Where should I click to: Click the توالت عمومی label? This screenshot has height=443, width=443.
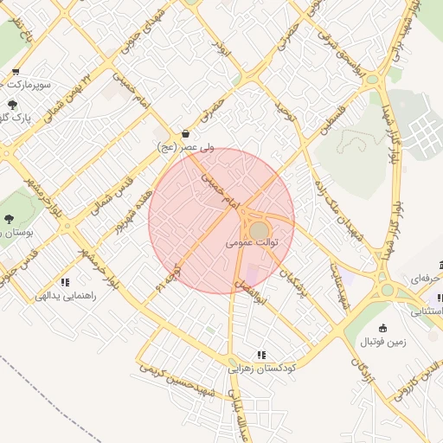[x=253, y=244]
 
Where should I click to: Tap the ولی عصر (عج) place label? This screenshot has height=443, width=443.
[x=185, y=148]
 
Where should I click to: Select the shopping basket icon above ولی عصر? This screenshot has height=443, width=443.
[x=186, y=134]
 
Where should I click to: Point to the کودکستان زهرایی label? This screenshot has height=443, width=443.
[x=262, y=368]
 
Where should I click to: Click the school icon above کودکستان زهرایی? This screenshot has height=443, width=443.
[x=260, y=354]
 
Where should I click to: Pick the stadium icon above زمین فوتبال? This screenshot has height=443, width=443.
[x=383, y=329]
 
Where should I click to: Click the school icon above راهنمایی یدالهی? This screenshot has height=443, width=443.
[x=65, y=282]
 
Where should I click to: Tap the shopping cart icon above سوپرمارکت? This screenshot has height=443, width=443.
[x=16, y=73]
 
